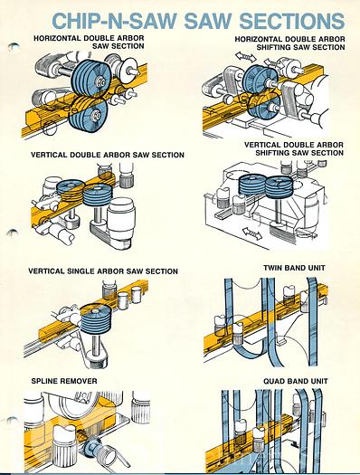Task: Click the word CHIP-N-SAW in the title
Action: click(x=114, y=21)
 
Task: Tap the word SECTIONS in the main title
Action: click(x=292, y=21)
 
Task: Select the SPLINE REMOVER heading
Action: click(x=64, y=381)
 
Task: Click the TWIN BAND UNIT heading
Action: click(x=294, y=268)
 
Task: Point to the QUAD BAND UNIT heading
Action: click(x=296, y=381)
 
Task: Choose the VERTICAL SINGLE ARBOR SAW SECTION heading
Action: click(x=103, y=271)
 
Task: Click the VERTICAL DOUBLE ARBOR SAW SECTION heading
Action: click(x=108, y=155)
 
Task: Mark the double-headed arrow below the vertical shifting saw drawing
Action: click(x=252, y=233)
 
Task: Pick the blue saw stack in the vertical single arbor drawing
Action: click(x=96, y=318)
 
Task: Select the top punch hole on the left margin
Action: click(x=14, y=47)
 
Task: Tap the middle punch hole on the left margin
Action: click(x=12, y=233)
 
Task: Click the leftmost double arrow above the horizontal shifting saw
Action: click(x=246, y=56)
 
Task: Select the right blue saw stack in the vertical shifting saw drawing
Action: click(x=279, y=185)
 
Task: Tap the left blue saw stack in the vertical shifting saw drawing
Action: click(x=251, y=184)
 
